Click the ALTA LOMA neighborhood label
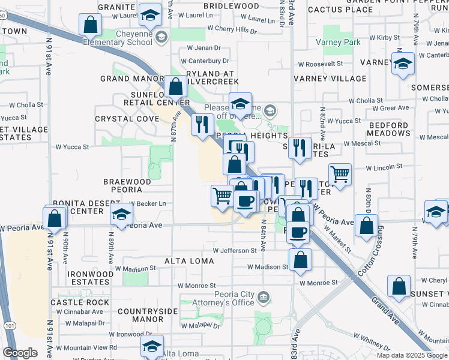[186, 262]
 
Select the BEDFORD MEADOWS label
[388, 130]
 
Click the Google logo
[20, 353]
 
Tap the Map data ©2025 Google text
[411, 355]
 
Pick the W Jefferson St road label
[235, 250]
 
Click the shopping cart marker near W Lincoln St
[340, 175]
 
